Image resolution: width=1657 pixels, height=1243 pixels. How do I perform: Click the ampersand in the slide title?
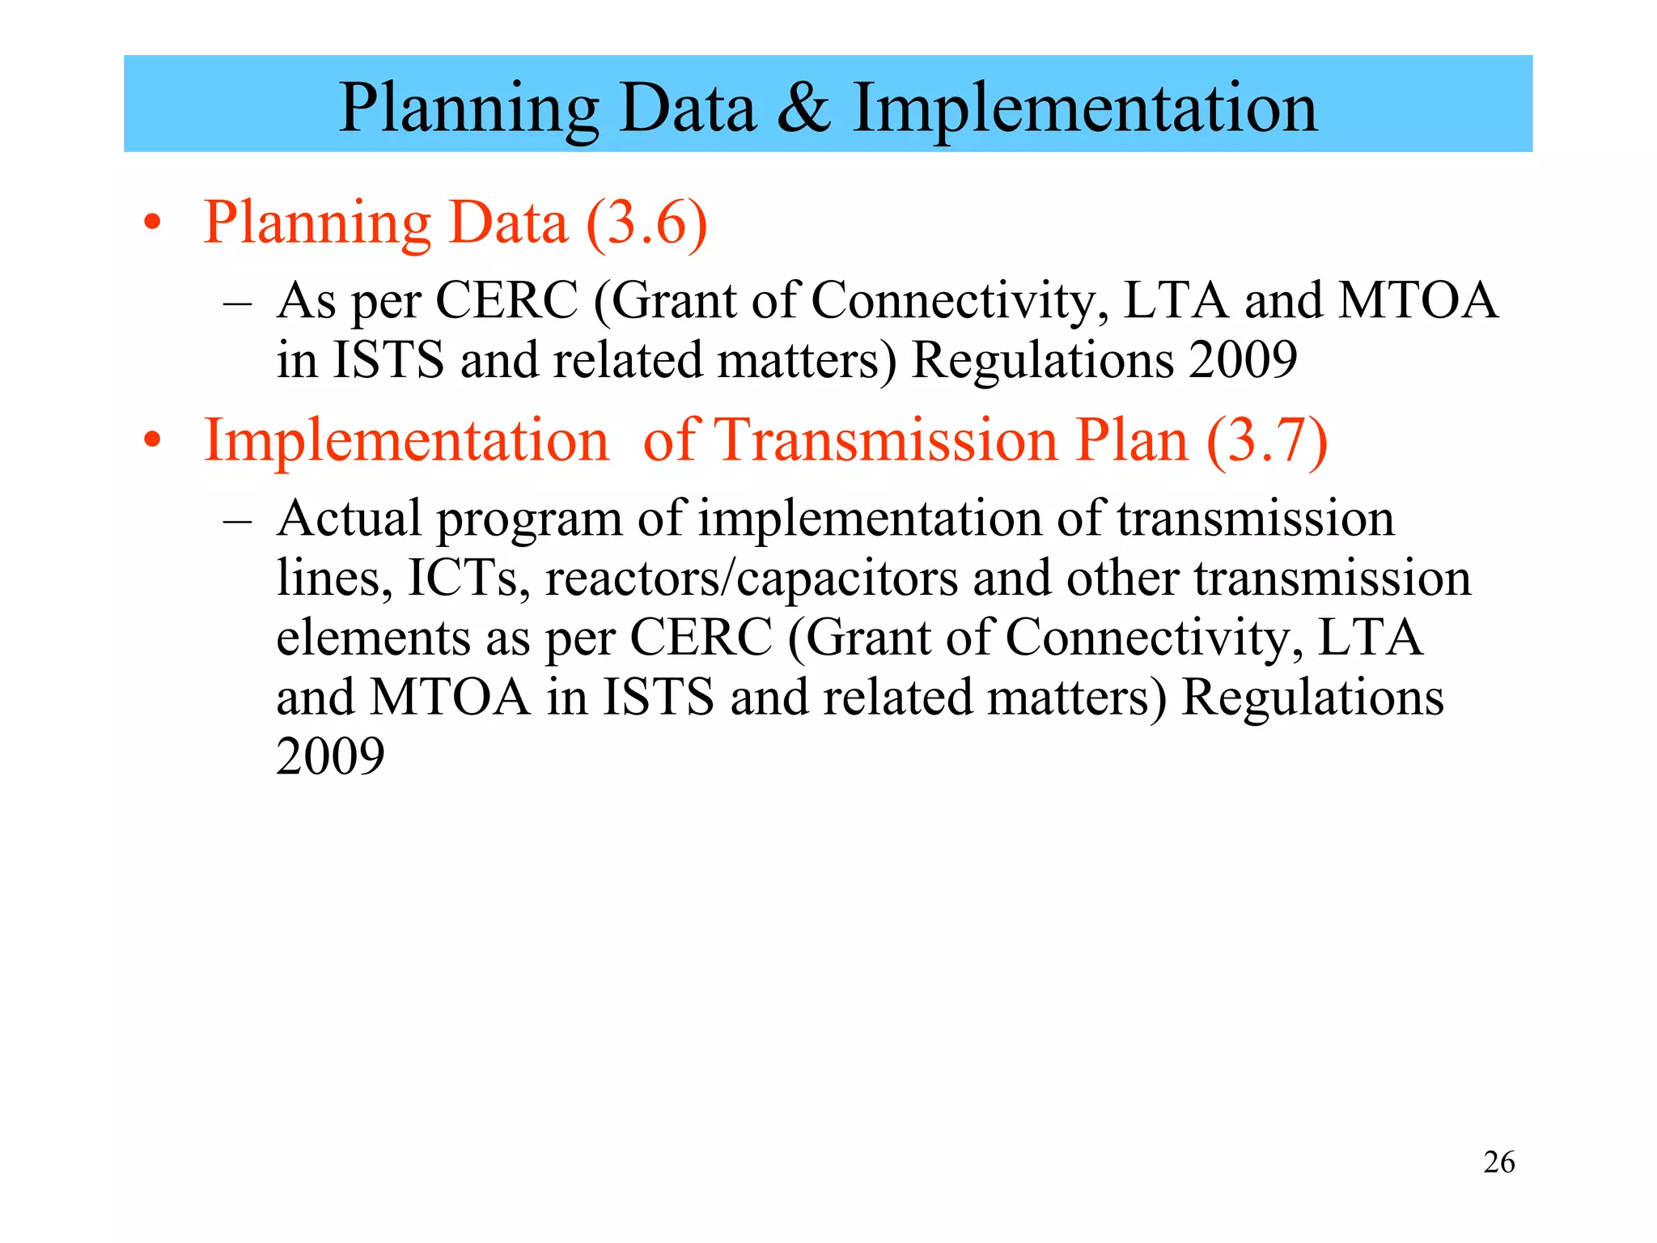[804, 109]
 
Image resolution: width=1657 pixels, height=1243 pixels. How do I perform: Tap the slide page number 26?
[1498, 1162]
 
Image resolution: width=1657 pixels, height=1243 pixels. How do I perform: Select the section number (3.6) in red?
[646, 223]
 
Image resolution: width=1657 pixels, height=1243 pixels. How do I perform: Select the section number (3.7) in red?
[1266, 441]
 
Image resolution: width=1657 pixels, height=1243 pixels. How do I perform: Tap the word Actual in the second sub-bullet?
[349, 518]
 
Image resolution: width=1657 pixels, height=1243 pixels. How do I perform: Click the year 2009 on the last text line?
[330, 757]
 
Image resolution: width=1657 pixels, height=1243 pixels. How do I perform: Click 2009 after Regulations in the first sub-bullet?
[1243, 360]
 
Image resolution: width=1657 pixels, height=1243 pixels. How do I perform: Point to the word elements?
[372, 638]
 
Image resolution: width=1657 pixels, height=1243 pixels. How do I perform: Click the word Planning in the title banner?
[468, 109]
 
